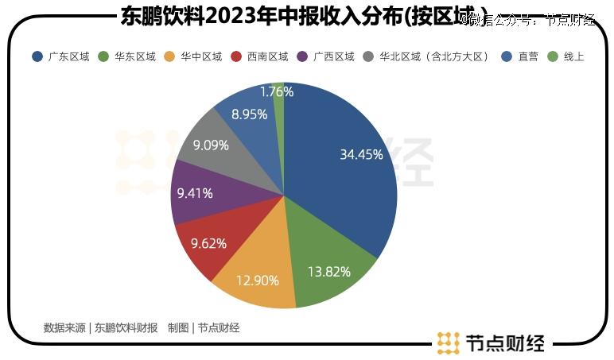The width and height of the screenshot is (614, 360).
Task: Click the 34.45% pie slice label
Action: point(361,155)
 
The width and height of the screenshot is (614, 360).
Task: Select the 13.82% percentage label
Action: point(328,272)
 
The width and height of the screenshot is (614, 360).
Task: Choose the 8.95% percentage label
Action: point(249,114)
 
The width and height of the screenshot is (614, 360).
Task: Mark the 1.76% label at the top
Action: point(277,91)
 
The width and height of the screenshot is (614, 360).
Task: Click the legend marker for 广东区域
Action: point(37,57)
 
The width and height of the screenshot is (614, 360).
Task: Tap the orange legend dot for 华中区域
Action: point(169,57)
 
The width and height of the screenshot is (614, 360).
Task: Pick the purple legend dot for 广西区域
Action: point(301,57)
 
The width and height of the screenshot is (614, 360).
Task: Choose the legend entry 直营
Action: point(528,57)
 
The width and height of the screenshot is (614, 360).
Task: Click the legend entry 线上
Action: point(573,57)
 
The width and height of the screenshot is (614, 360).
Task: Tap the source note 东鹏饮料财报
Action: point(126,327)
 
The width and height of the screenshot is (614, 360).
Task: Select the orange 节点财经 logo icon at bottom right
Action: point(449,343)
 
